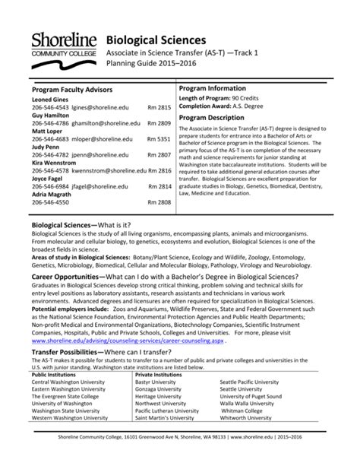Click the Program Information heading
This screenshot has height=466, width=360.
219,89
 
